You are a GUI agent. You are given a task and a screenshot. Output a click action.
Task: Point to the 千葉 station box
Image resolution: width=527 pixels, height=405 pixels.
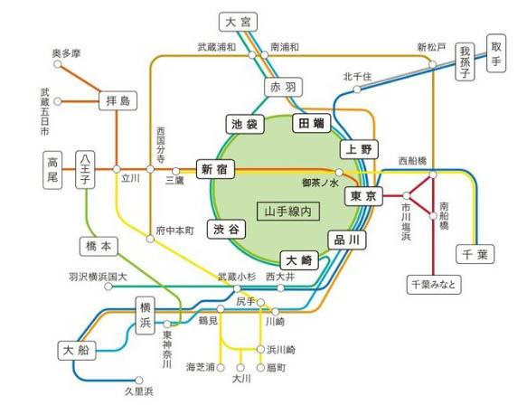(x=475, y=253)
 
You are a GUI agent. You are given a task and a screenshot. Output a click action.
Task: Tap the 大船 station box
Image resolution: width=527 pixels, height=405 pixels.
(x=75, y=349)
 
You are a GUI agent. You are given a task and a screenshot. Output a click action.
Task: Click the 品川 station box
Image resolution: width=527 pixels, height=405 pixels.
(x=346, y=240)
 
